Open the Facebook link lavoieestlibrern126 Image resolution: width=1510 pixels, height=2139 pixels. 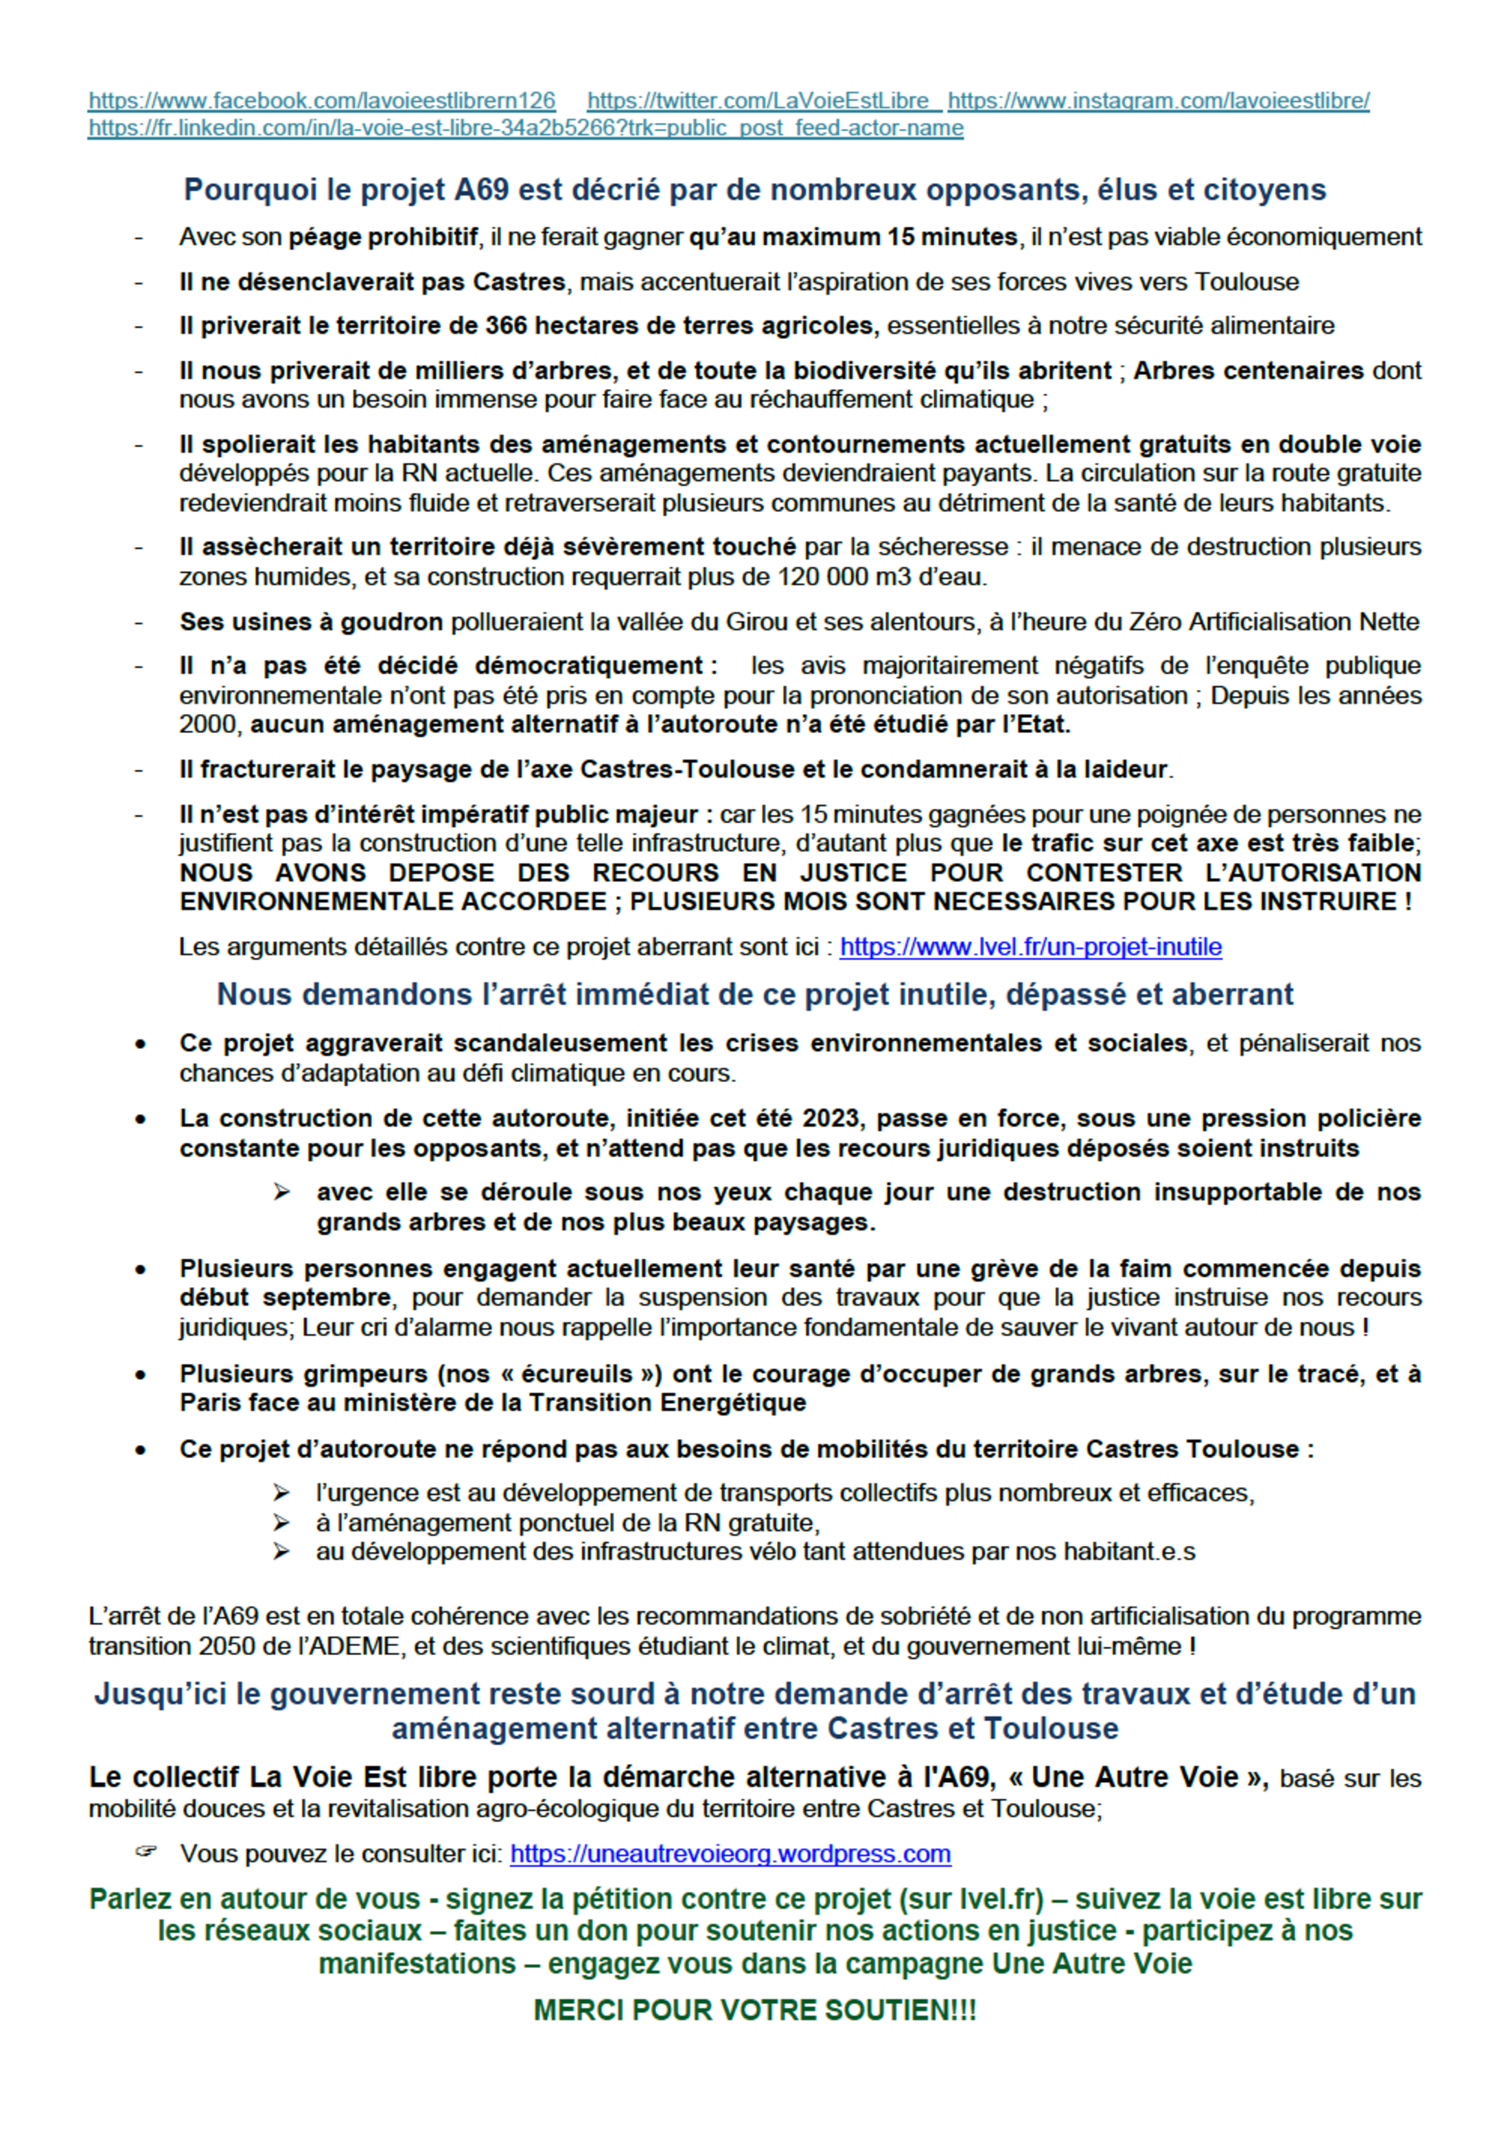(x=321, y=101)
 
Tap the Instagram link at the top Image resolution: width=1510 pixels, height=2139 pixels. (x=1158, y=101)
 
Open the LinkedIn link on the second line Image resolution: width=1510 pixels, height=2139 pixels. (x=525, y=128)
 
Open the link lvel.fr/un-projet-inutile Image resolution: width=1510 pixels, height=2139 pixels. (x=1030, y=947)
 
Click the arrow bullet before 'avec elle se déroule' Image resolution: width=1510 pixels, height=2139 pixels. (x=281, y=1192)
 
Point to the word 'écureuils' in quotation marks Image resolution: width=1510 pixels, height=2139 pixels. (x=569, y=1374)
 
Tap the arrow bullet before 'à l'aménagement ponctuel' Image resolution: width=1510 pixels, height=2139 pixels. (x=281, y=1523)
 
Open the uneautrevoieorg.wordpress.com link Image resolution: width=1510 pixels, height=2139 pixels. (x=730, y=1854)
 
